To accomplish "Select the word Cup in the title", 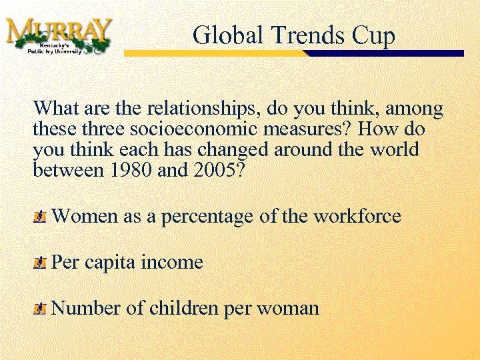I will point(375,36).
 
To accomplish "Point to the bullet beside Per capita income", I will point(40,263).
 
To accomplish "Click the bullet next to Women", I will point(40,217).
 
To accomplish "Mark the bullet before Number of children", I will point(40,309).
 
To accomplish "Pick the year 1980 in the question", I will point(131,170).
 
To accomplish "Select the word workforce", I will point(357,217).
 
